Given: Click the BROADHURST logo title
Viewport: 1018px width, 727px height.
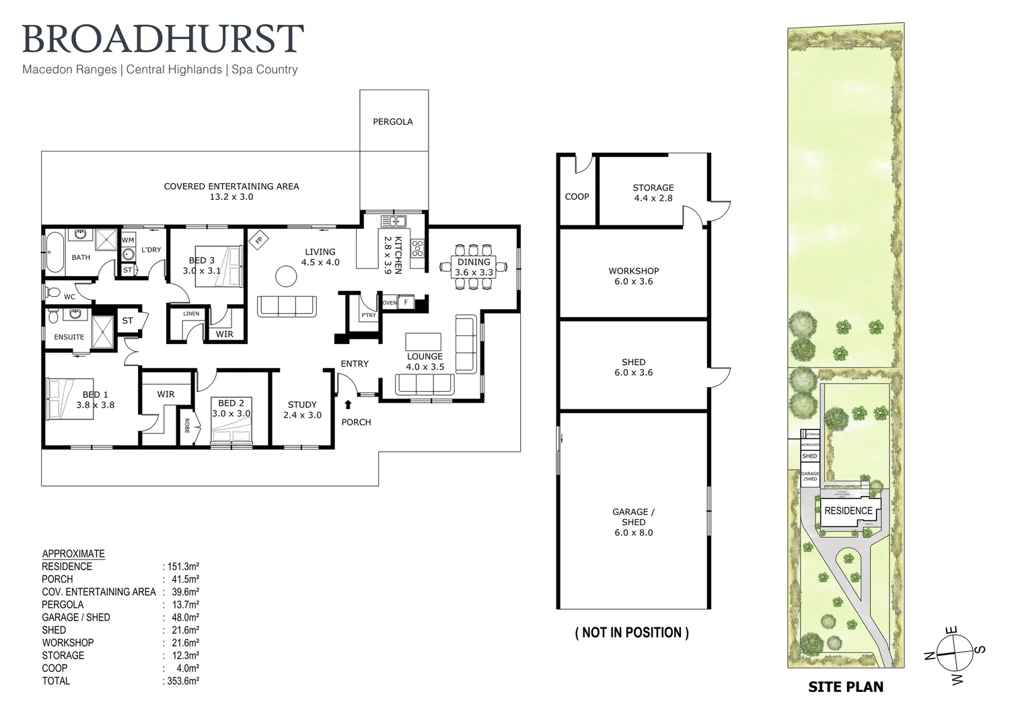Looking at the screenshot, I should point(163,39).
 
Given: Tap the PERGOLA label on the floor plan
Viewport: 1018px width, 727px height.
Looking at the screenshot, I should point(393,122).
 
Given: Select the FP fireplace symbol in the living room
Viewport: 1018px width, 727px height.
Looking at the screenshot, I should point(258,240).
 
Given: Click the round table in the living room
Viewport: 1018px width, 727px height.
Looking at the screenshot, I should point(287,276).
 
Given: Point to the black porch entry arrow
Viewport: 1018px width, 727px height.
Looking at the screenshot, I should point(348,405).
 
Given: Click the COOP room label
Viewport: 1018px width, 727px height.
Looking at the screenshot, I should point(577,197).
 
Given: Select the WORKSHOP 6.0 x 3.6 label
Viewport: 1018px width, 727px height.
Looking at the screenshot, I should point(633,276).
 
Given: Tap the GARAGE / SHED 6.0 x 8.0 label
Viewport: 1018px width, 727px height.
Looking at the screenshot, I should point(633,522).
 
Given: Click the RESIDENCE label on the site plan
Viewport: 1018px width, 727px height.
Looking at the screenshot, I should point(848,511).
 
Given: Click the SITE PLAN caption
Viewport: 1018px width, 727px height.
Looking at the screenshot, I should point(845,687).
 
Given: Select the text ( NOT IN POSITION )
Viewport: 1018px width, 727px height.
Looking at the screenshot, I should point(632,633).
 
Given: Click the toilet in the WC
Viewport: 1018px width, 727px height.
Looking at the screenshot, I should point(52,292).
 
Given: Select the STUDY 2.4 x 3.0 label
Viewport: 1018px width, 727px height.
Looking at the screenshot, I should point(302,409).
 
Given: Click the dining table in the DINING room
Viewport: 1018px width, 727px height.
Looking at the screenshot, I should point(473,267).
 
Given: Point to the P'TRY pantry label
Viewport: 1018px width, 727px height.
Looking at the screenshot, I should point(368,315).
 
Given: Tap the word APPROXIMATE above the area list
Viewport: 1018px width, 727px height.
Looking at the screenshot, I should point(73,554).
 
